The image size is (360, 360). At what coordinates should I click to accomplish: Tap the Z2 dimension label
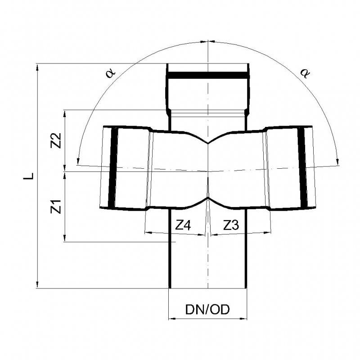click(56, 140)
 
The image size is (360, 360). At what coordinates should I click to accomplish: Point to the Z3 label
click(231, 225)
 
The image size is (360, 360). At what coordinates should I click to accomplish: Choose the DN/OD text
click(207, 310)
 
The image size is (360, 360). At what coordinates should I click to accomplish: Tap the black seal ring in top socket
click(207, 75)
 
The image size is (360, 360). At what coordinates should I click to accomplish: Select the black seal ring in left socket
click(112, 167)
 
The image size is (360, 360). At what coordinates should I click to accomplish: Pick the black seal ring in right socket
click(303, 167)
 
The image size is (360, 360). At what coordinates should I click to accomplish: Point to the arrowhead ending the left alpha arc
click(78, 161)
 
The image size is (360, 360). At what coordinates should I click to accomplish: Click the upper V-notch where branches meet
click(207, 144)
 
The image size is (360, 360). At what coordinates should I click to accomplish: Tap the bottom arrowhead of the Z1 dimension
click(66, 239)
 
